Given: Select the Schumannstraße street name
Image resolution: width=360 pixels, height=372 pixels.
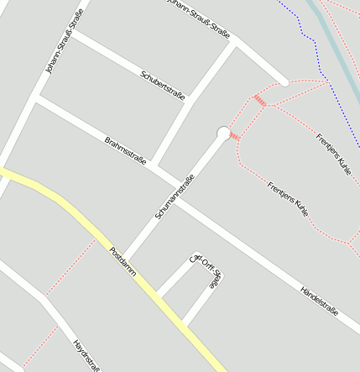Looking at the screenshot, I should tap(175, 196).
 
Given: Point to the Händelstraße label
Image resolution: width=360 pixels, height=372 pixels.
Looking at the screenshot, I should tap(319, 300).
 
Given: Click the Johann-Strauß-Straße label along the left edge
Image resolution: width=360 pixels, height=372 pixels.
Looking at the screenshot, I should tap(65, 48).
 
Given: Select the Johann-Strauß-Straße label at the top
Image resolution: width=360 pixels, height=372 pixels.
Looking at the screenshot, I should tap(198, 18).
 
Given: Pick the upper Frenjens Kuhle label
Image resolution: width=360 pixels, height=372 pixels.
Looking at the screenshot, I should tap(333, 153).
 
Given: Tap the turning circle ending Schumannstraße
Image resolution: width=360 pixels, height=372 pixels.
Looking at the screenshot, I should tap(223, 133).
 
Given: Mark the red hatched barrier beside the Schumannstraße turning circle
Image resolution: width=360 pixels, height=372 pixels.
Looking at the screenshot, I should tap(235, 137).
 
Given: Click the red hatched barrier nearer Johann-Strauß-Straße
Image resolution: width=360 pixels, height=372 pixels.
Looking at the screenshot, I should tap(260, 101).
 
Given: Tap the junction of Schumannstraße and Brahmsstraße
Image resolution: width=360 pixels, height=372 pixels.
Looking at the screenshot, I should tap(175, 181).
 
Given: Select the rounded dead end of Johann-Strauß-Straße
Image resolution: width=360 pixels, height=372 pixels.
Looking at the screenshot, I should tap(284, 81).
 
